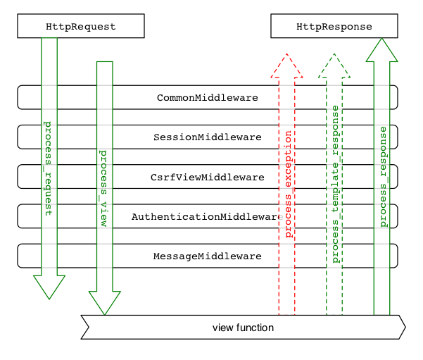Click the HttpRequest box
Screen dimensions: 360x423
[x=80, y=27]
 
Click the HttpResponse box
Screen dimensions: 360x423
[x=334, y=27]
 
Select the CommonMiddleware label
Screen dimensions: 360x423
[x=207, y=98]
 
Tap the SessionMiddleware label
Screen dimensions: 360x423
[x=207, y=137]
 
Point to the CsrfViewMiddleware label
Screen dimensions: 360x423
[x=207, y=177]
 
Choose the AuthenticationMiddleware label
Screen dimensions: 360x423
[x=206, y=217]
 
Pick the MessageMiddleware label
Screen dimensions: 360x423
[x=207, y=256]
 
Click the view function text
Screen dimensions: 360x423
[x=243, y=328]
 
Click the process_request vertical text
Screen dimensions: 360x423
[x=49, y=168]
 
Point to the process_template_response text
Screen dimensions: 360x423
[x=335, y=185]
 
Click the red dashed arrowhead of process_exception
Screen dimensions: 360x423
[x=286, y=66]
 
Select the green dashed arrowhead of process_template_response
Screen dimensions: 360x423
[x=334, y=66]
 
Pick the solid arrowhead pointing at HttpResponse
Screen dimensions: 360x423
[x=381, y=50]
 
